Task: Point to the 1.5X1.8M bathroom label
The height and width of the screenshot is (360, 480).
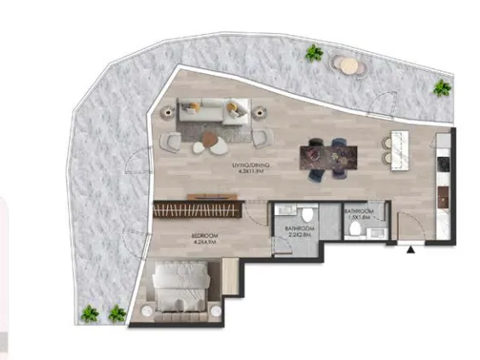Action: click(x=357, y=214)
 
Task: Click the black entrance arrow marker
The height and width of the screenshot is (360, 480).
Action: click(x=412, y=250)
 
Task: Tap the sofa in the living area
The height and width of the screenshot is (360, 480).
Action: click(x=213, y=111)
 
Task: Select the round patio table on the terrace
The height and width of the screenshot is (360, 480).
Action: click(x=346, y=65)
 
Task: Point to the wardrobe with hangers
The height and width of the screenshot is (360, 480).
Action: click(x=198, y=207)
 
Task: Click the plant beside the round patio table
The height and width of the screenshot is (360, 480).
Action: click(x=315, y=54)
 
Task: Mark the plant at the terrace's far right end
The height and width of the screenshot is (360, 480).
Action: click(x=442, y=87)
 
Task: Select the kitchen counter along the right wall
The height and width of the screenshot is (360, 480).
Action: click(x=443, y=183)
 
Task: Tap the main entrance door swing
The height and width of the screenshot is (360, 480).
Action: click(x=410, y=229)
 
